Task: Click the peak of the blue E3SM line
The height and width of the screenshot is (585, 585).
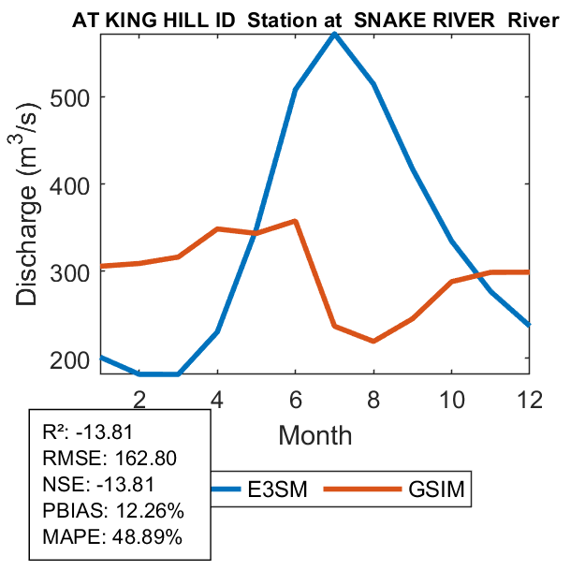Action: tap(334, 34)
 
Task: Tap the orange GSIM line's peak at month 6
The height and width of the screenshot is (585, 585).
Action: tap(295, 221)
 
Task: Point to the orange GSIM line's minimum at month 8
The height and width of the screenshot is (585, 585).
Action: tap(373, 341)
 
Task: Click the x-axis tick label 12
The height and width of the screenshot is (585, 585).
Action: tap(530, 398)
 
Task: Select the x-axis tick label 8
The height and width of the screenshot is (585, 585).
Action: tap(373, 398)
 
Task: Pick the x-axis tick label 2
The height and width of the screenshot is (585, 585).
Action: tap(139, 398)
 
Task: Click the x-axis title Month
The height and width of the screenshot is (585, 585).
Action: tap(314, 435)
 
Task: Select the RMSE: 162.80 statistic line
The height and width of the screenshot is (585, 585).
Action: tap(110, 459)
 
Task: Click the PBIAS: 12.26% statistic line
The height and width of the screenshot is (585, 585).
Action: tap(113, 511)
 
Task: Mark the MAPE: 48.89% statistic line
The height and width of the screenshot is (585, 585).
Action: tap(112, 537)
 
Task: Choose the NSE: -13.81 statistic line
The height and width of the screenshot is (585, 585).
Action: tap(97, 485)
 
